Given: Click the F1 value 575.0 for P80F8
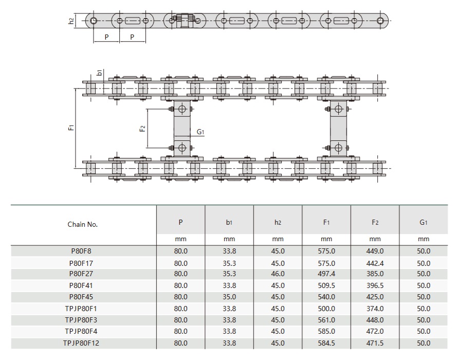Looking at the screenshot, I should click(x=326, y=251).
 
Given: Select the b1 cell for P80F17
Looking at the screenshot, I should click(x=229, y=263).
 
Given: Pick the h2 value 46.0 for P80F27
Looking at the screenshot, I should click(x=278, y=274).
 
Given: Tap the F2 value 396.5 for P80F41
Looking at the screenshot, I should click(x=375, y=285).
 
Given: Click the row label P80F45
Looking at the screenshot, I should click(x=82, y=297).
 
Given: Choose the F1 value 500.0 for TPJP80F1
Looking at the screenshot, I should click(x=326, y=308).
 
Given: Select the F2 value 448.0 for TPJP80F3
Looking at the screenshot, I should click(x=375, y=319).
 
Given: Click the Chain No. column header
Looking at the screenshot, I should click(x=82, y=224).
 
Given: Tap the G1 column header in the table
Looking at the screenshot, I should click(x=424, y=223).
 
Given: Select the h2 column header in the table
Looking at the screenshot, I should click(x=278, y=223).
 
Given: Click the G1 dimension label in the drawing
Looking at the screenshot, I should click(x=201, y=132).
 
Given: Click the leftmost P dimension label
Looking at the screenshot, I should click(x=106, y=37).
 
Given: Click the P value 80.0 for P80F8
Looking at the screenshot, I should click(x=181, y=251).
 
